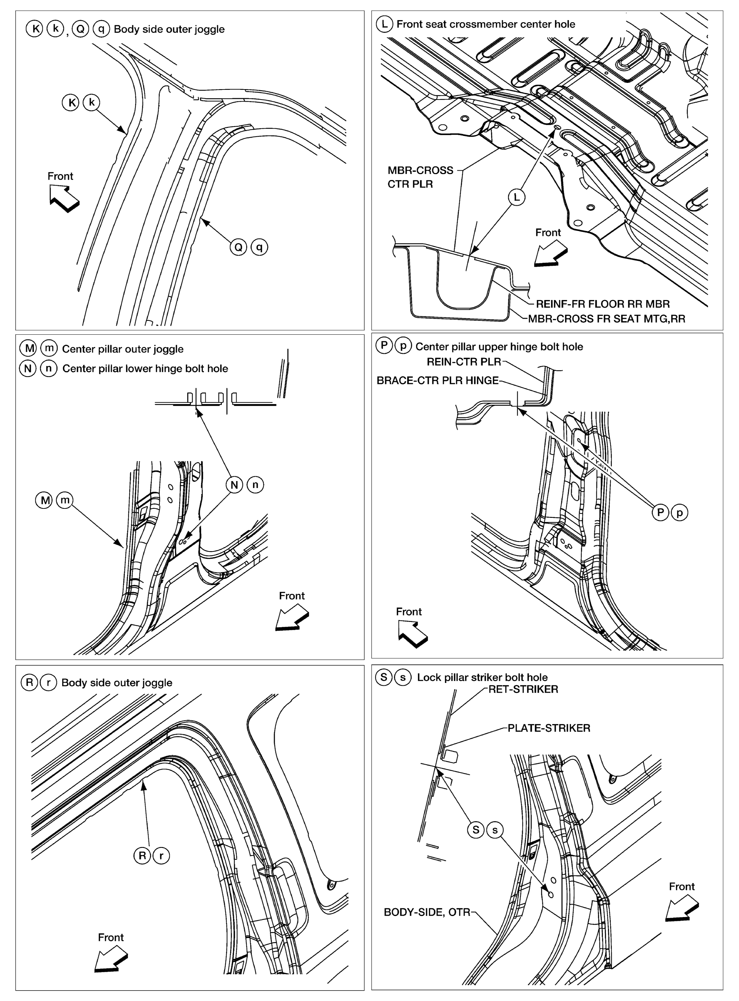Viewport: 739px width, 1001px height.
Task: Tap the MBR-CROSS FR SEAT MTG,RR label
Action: point(606,319)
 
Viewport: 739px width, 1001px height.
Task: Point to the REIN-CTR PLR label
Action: point(464,362)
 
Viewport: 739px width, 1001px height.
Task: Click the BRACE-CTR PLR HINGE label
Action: point(438,380)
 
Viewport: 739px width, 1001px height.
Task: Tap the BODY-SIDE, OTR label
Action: point(427,912)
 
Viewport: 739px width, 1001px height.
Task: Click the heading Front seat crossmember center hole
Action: point(485,24)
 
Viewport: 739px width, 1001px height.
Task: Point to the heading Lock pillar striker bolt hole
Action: point(482,677)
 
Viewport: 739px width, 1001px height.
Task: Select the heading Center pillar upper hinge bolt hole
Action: point(499,346)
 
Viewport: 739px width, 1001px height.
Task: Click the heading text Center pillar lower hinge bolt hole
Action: point(145,368)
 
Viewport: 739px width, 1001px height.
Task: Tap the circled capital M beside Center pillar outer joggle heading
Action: point(29,348)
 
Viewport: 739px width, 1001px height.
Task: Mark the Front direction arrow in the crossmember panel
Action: point(551,254)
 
